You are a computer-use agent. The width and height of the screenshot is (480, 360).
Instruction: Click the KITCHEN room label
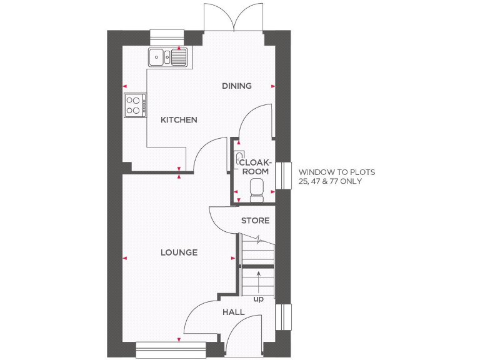[179, 120]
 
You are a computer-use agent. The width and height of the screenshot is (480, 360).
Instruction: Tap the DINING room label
[237, 86]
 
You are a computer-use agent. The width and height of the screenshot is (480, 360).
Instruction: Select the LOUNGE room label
[179, 252]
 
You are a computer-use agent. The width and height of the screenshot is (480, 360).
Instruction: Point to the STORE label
[255, 221]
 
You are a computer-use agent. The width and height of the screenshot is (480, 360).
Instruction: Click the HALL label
[233, 312]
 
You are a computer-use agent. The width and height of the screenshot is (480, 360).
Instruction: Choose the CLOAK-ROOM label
[255, 167]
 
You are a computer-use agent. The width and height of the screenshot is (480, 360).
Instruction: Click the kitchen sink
[167, 57]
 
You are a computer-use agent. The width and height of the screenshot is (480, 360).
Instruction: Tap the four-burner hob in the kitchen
[134, 104]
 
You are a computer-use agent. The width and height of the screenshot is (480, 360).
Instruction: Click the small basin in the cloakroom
[240, 157]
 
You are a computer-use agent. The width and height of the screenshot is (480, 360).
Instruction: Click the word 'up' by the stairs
[258, 299]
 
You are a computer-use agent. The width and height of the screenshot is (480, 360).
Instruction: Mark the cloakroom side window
[287, 175]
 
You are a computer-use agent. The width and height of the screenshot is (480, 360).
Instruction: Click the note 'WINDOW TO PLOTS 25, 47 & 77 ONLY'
[337, 176]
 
